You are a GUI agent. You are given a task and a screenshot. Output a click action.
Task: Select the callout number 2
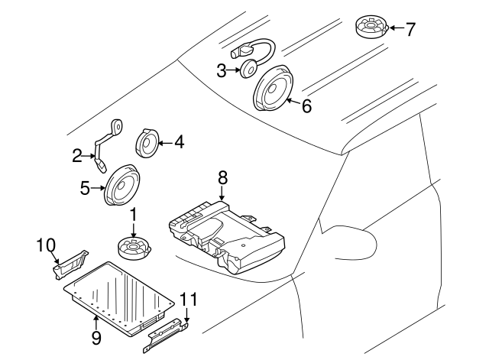76,157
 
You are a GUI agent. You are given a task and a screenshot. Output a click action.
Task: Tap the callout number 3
222,71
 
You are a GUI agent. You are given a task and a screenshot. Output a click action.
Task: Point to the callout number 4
179,141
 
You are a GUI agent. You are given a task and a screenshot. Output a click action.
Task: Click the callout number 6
306,106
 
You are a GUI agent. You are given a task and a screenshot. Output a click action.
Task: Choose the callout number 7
410,30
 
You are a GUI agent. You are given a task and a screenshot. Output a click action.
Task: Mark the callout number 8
222,178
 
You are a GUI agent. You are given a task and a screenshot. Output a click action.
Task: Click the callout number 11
188,299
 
